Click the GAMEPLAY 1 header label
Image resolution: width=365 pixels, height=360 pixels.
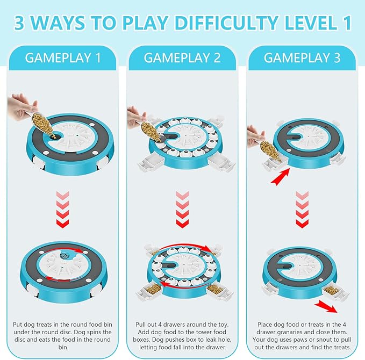coord(63,57)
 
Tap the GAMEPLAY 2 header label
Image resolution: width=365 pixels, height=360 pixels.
coord(182,57)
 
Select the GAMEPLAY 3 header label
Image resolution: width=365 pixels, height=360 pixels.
coord(302,57)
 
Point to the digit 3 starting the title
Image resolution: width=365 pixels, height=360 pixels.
coord(19,23)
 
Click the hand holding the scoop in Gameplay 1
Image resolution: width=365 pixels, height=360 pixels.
coord(22,106)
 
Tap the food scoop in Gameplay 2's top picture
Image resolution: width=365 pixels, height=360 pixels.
coord(151,131)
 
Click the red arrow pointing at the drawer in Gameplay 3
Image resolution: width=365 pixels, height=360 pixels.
coord(281,177)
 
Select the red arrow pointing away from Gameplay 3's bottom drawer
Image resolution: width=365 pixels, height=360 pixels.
coord(325,306)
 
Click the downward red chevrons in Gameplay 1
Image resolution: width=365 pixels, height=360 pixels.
coord(62,209)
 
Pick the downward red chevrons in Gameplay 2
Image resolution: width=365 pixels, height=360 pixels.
coord(182,209)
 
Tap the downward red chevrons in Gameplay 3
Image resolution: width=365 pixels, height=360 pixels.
coord(302,209)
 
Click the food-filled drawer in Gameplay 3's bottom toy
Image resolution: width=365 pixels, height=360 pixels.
coord(332,292)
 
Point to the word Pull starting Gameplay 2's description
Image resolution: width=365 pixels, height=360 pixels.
coord(141,325)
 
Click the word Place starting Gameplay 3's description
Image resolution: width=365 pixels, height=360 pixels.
coord(265,325)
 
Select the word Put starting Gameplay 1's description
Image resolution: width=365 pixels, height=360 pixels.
coord(17,325)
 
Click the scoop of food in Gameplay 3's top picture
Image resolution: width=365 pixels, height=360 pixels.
coord(270,150)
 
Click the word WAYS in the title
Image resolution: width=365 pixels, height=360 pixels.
coord(58,23)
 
